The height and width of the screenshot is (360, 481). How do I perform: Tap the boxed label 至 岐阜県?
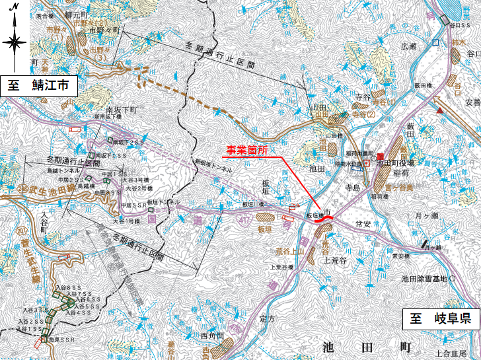[439, 319]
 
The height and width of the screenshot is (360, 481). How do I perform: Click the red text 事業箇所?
[245, 151]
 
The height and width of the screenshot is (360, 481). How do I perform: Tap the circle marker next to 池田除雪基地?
[453, 279]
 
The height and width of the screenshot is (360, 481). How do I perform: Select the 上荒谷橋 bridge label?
[281, 267]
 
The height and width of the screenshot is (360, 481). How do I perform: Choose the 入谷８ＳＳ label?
[69, 289]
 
